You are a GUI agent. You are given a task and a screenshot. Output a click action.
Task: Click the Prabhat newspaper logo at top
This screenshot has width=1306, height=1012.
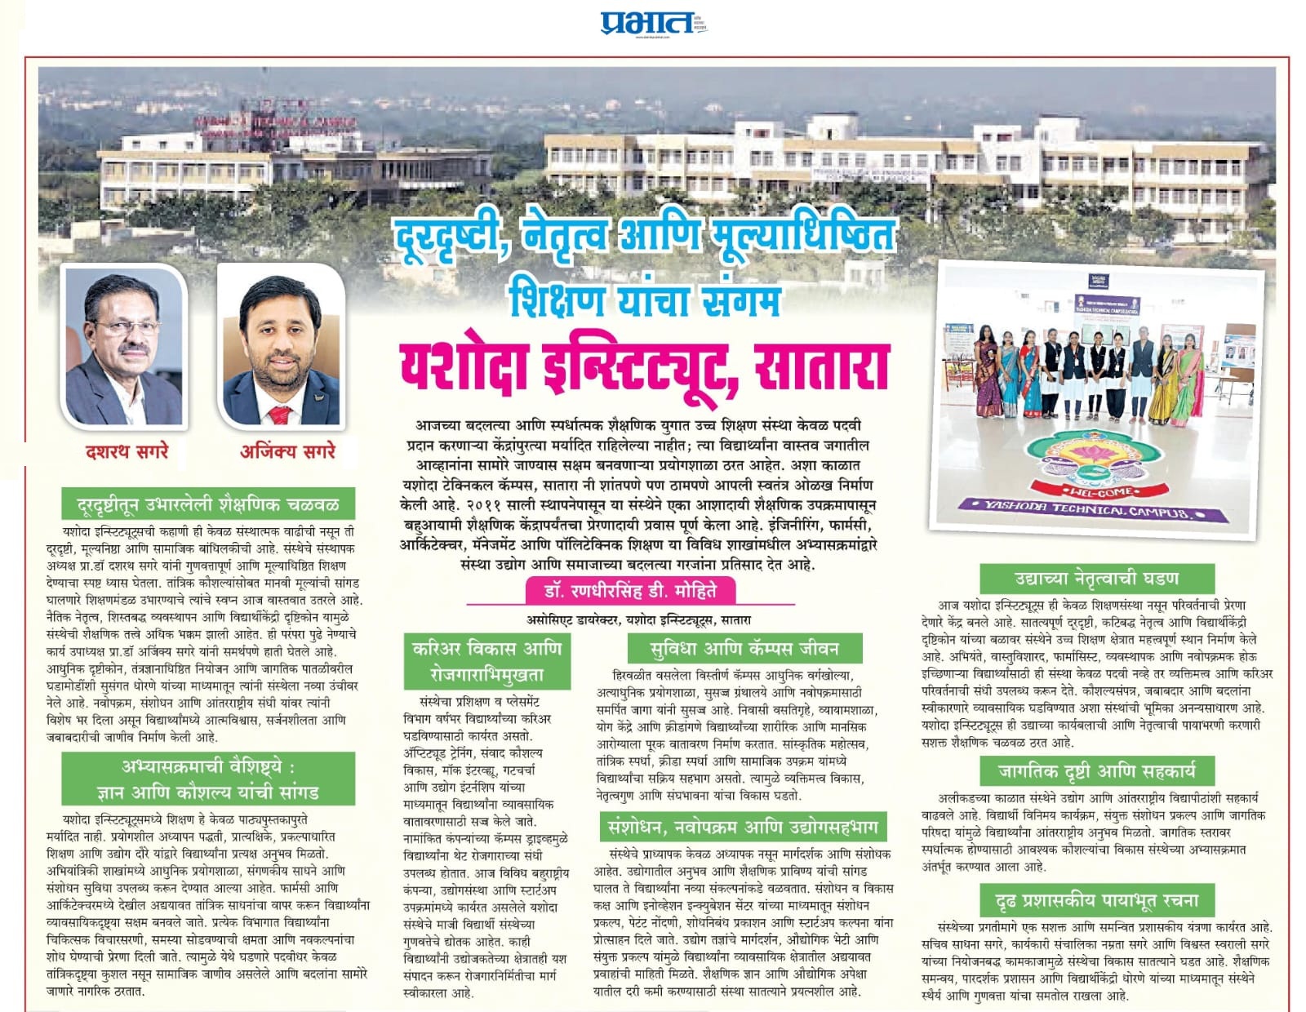(x=648, y=22)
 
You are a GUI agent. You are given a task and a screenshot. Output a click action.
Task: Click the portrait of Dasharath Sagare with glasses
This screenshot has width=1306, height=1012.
(x=124, y=347)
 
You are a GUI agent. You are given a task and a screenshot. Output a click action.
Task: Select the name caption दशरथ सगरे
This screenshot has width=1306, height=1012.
(x=126, y=451)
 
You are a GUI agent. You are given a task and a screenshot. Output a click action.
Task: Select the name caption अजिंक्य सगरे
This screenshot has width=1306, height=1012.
(x=287, y=451)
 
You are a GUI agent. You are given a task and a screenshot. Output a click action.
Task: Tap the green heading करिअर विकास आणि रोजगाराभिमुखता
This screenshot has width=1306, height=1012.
(x=487, y=661)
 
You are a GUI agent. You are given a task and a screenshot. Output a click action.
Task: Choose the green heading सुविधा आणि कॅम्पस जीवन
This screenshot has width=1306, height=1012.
(x=744, y=648)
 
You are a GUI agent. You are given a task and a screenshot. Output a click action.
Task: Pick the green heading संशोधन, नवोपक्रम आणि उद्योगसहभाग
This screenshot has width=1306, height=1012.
(x=742, y=827)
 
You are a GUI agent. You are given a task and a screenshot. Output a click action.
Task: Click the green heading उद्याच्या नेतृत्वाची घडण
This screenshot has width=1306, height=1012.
(x=1096, y=579)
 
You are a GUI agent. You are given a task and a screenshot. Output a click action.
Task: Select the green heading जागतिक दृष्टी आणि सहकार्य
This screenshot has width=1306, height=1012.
(x=1096, y=770)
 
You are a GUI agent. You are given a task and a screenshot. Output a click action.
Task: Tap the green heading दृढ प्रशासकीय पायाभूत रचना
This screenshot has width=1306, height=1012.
(x=1096, y=900)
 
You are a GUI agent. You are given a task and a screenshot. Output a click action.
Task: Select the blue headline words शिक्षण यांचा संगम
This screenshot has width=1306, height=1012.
(x=644, y=300)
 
